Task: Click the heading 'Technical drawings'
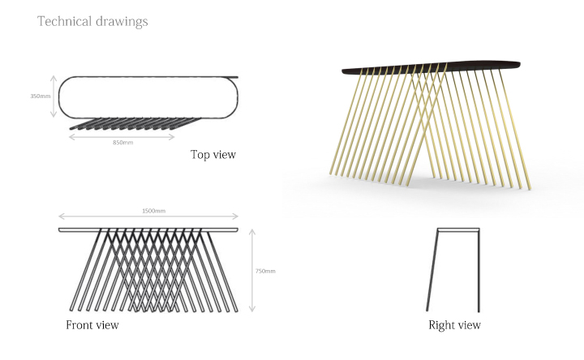pyautogui.click(x=92, y=22)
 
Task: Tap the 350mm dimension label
pyautogui.click(x=41, y=96)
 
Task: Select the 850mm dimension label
pyautogui.click(x=123, y=142)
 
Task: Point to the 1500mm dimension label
pyautogui.click(x=153, y=211)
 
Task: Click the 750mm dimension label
pyautogui.click(x=265, y=271)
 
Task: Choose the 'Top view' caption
pyautogui.click(x=213, y=155)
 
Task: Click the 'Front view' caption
pyautogui.click(x=92, y=324)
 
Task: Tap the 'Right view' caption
pyautogui.click(x=454, y=325)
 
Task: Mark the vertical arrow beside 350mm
pyautogui.click(x=54, y=96)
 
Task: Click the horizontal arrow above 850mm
pyautogui.click(x=122, y=137)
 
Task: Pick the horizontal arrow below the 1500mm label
pyautogui.click(x=148, y=216)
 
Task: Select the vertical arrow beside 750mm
pyautogui.click(x=252, y=270)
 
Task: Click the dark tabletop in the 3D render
pyautogui.click(x=432, y=67)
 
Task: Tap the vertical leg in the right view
pyautogui.click(x=479, y=270)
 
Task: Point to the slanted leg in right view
pyautogui.click(x=432, y=270)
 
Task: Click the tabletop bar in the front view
pyautogui.click(x=148, y=229)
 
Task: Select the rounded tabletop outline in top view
pyautogui.click(x=59, y=97)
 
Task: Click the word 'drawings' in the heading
pyautogui.click(x=122, y=22)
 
